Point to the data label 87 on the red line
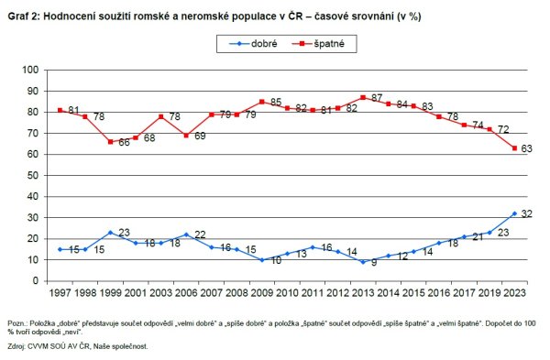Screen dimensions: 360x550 tap(377, 97)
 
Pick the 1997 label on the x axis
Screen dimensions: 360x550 tap(60, 293)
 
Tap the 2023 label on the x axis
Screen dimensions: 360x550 tap(513, 293)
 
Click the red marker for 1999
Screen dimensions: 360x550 tap(110, 142)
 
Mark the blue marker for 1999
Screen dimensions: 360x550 tap(110, 233)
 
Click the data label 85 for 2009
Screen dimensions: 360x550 tap(275, 102)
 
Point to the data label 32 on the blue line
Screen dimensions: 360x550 tap(528, 213)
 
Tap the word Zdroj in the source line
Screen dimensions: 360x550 tap(17, 347)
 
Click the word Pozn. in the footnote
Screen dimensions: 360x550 tap(17, 324)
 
